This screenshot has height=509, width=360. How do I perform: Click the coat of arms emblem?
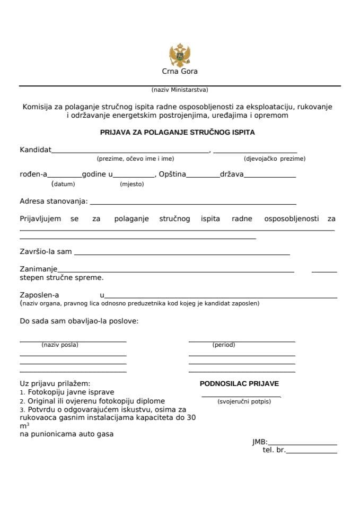179,55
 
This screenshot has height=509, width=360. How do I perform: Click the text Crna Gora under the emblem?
180,72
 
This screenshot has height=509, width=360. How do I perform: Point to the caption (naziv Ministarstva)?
180,90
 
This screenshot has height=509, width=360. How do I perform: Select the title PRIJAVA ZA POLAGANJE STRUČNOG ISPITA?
178,133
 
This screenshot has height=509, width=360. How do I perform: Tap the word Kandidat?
36,150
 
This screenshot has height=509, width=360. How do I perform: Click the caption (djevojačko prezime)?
275,159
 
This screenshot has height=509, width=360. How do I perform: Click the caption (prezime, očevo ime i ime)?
135,159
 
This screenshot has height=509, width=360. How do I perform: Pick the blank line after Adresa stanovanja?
194,203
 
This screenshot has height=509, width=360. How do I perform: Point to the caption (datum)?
63,185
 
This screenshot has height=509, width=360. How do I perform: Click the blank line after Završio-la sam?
182,254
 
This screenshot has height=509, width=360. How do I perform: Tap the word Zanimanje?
39,269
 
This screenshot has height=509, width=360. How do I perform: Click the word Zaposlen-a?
39,295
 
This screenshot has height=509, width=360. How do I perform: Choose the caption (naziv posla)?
60,345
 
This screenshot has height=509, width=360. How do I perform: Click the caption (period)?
224,345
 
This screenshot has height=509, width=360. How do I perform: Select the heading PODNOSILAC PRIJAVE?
239,383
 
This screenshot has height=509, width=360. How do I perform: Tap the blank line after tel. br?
311,452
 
